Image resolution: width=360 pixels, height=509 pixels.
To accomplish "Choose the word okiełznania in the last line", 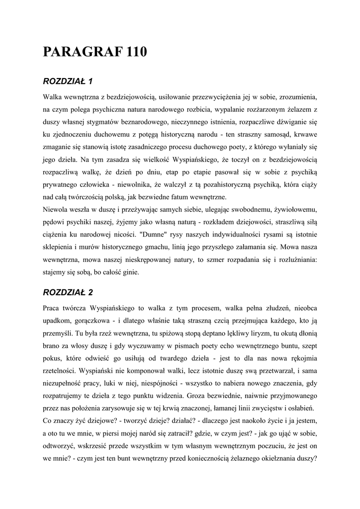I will coord(277,459).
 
